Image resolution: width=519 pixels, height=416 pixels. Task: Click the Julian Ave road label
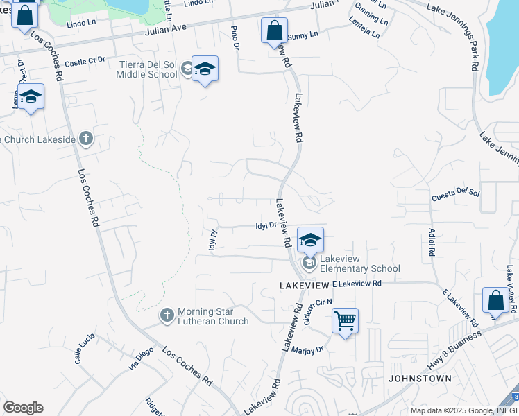click(x=167, y=31)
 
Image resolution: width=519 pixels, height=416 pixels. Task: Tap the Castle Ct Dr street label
click(x=84, y=62)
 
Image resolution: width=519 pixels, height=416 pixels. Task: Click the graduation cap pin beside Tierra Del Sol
click(x=205, y=69)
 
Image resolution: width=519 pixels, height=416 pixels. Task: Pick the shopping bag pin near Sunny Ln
click(x=274, y=31)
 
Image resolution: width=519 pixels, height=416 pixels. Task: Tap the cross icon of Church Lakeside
click(x=85, y=139)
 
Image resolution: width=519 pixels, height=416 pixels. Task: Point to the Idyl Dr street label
click(x=266, y=225)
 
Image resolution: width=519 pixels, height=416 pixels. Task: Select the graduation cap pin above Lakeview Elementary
click(x=310, y=240)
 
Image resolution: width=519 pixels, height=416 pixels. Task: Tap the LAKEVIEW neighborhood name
click(x=304, y=285)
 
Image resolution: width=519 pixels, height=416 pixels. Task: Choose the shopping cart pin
click(x=345, y=321)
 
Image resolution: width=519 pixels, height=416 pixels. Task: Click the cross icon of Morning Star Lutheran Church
click(x=167, y=315)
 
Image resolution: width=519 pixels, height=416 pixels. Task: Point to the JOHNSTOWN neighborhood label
click(x=420, y=379)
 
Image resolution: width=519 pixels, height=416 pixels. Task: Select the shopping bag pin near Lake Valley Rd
click(x=495, y=300)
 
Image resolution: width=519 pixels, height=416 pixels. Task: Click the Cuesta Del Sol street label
click(x=456, y=193)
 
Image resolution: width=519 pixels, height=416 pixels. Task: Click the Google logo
click(x=23, y=408)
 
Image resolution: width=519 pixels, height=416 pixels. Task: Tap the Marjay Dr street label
click(x=307, y=350)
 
